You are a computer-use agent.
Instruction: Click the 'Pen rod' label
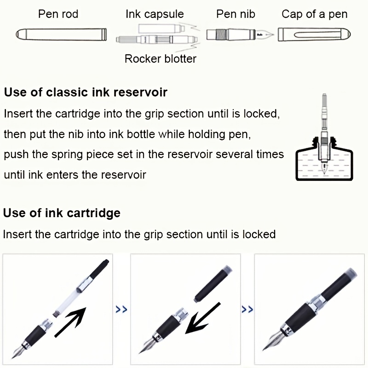pos(58,14)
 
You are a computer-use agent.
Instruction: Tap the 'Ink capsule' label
pos(155,14)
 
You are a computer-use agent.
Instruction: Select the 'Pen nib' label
pos(236,14)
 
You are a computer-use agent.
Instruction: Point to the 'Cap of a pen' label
pos(315,14)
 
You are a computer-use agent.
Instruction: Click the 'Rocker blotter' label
pos(161,59)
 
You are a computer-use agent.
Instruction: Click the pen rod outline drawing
pos(61,34)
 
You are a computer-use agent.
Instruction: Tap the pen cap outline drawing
pos(314,34)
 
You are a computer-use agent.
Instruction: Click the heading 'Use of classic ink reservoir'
pos(86,92)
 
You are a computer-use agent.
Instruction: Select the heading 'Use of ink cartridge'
pos(62,213)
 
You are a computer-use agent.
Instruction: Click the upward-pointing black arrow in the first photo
pos(70,322)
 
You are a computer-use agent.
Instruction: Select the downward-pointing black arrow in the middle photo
pos(203,318)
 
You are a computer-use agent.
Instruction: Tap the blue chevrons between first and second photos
pos(121,309)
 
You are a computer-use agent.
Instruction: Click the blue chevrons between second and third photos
pos(247,309)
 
